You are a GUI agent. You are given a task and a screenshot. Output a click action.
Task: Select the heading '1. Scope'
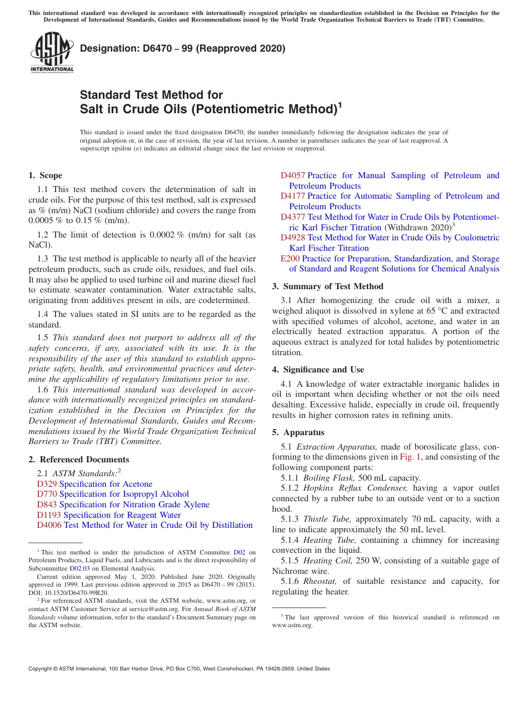click(46, 175)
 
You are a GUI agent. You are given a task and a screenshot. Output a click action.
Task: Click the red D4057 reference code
click(292, 175)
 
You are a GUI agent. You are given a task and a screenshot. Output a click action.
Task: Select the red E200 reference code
click(290, 259)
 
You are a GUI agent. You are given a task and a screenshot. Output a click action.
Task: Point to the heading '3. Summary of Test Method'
click(328, 286)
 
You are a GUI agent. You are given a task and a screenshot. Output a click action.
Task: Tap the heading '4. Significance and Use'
click(318, 370)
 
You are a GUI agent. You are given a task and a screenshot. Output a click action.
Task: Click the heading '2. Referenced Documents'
click(79, 460)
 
